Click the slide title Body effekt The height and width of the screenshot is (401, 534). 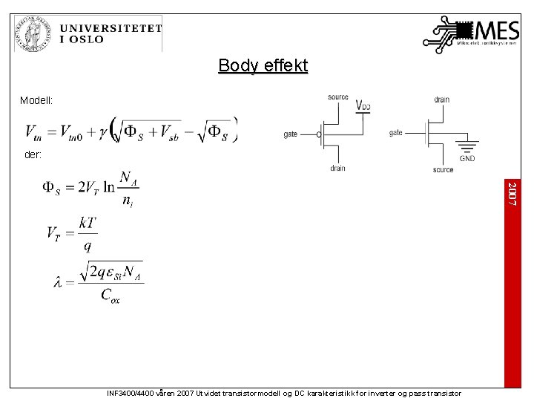point(263,66)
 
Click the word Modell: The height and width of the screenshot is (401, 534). point(36,100)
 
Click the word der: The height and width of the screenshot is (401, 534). point(33,155)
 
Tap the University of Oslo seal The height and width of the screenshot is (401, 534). point(30,34)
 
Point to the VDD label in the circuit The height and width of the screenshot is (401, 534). point(363,105)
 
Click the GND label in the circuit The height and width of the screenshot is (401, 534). point(467,158)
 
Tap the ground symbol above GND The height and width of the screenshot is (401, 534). point(467,146)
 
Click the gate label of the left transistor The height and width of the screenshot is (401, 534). point(291,134)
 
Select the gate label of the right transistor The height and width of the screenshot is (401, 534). point(396,133)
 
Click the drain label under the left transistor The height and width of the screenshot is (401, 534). point(337,168)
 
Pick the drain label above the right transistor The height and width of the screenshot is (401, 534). point(441,100)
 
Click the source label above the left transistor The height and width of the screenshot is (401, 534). point(337,97)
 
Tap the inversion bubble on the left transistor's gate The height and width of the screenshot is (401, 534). point(320,134)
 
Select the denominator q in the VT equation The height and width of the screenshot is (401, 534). point(88,246)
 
